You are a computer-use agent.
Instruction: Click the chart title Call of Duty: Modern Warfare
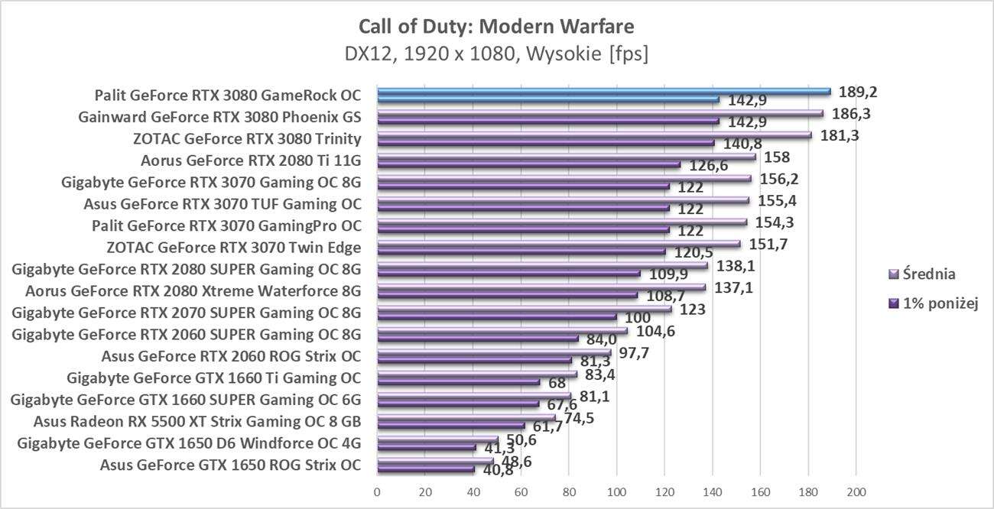(496, 28)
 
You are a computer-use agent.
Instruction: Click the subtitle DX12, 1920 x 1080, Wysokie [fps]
(496, 55)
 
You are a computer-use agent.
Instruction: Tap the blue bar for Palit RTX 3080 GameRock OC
(604, 92)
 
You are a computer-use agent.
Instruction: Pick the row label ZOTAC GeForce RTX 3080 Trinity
(247, 139)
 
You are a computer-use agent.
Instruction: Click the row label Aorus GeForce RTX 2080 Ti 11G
(251, 160)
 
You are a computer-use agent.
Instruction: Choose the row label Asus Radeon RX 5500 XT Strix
(197, 421)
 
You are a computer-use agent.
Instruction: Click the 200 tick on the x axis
(856, 490)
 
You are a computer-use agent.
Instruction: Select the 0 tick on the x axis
(377, 490)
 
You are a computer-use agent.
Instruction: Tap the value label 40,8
(498, 470)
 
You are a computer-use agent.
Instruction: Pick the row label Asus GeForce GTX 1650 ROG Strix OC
(231, 464)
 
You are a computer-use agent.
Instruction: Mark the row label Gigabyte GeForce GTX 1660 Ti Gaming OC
(214, 378)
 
